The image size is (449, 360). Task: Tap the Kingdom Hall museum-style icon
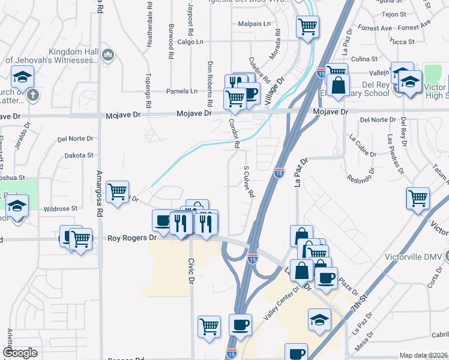(x=109, y=55)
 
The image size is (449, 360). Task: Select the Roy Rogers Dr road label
(x=131, y=238)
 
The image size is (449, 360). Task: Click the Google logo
(x=20, y=353)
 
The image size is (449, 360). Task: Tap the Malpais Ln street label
(x=255, y=24)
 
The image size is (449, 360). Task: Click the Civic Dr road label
(x=191, y=271)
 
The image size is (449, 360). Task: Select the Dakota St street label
(x=82, y=155)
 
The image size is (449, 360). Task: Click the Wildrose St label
(x=61, y=209)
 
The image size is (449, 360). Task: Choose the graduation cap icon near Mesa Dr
(x=319, y=320)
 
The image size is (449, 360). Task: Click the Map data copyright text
(x=424, y=355)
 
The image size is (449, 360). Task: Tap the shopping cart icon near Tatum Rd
(x=417, y=198)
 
